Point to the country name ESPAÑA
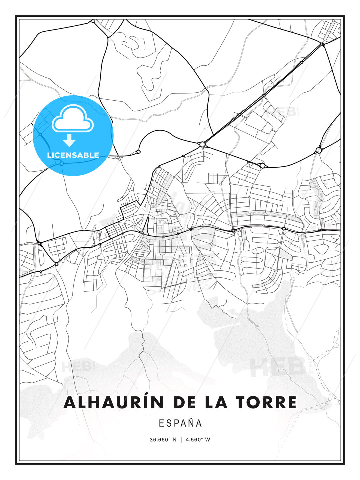(180, 423)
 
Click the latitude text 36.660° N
(163, 440)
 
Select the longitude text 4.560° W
(198, 440)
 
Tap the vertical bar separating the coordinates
(181, 440)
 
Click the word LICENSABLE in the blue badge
(73, 155)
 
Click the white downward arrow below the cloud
(69, 141)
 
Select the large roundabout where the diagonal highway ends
(202, 144)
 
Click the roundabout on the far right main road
(319, 150)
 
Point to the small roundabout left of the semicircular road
(138, 152)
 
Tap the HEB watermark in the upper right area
(282, 112)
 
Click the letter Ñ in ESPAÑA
(191, 423)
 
